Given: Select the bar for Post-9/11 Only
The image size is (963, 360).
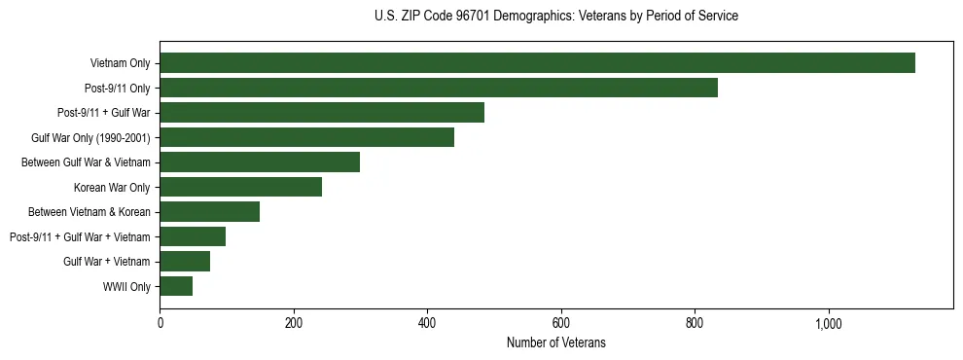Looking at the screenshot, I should tap(439, 88).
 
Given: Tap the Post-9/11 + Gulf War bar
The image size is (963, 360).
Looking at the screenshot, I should tap(322, 113).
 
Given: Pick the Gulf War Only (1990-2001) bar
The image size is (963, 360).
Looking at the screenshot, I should tap(306, 137).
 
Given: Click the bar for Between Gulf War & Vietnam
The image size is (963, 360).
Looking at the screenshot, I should tap(260, 162).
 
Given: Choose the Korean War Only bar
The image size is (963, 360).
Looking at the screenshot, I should tap(240, 187).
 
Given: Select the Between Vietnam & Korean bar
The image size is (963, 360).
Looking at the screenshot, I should tap(209, 212).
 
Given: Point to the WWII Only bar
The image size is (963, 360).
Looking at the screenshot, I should tap(176, 286).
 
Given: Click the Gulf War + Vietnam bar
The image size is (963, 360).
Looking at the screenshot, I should tap(185, 262).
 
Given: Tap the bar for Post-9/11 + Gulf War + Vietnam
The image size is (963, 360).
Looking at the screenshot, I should tap(193, 236).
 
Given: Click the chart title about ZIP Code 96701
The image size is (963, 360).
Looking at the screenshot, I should tap(555, 17).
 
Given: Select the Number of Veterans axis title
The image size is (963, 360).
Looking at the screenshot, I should tap(555, 342).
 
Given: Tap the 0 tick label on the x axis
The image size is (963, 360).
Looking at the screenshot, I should tap(160, 323).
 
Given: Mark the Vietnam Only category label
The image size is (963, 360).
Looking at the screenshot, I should tap(120, 63).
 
